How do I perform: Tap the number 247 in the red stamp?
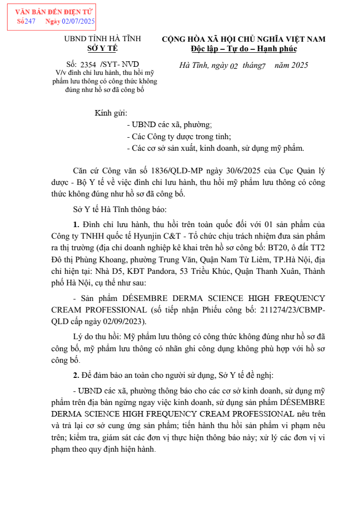pos(30,21)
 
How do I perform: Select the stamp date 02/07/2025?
pos(78,21)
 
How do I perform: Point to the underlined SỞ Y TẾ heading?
pos(103,49)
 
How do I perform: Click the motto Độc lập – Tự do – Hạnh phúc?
pos(244,49)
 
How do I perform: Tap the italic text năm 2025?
pos(291,65)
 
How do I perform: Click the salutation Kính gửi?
pos(111,113)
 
